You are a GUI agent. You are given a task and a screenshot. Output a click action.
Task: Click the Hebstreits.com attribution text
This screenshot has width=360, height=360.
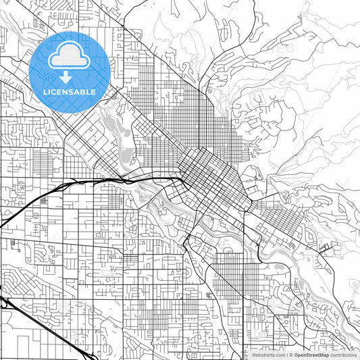click(268, 354)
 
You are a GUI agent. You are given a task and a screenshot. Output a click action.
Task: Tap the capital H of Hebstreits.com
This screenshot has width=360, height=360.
click(254, 354)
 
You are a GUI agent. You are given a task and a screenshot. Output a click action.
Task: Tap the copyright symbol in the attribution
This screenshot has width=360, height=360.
click(290, 354)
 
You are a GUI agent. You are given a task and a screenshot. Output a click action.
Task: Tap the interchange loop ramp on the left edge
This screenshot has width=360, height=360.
click(5, 304)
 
